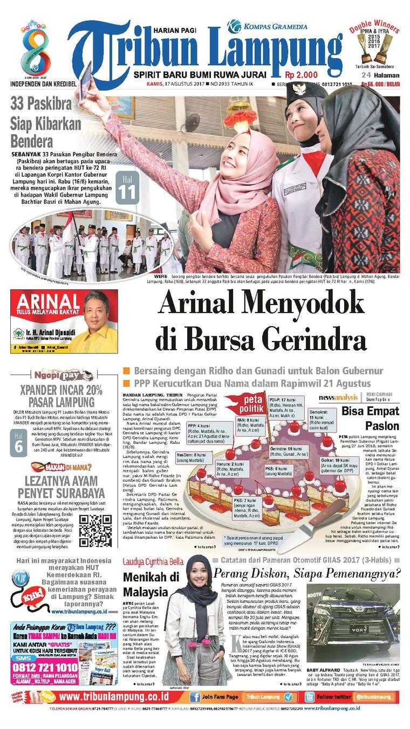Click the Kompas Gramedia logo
(267, 25)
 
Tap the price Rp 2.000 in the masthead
(302, 75)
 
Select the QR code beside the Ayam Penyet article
(95, 530)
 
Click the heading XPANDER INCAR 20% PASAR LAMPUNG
(60, 395)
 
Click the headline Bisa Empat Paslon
(370, 419)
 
